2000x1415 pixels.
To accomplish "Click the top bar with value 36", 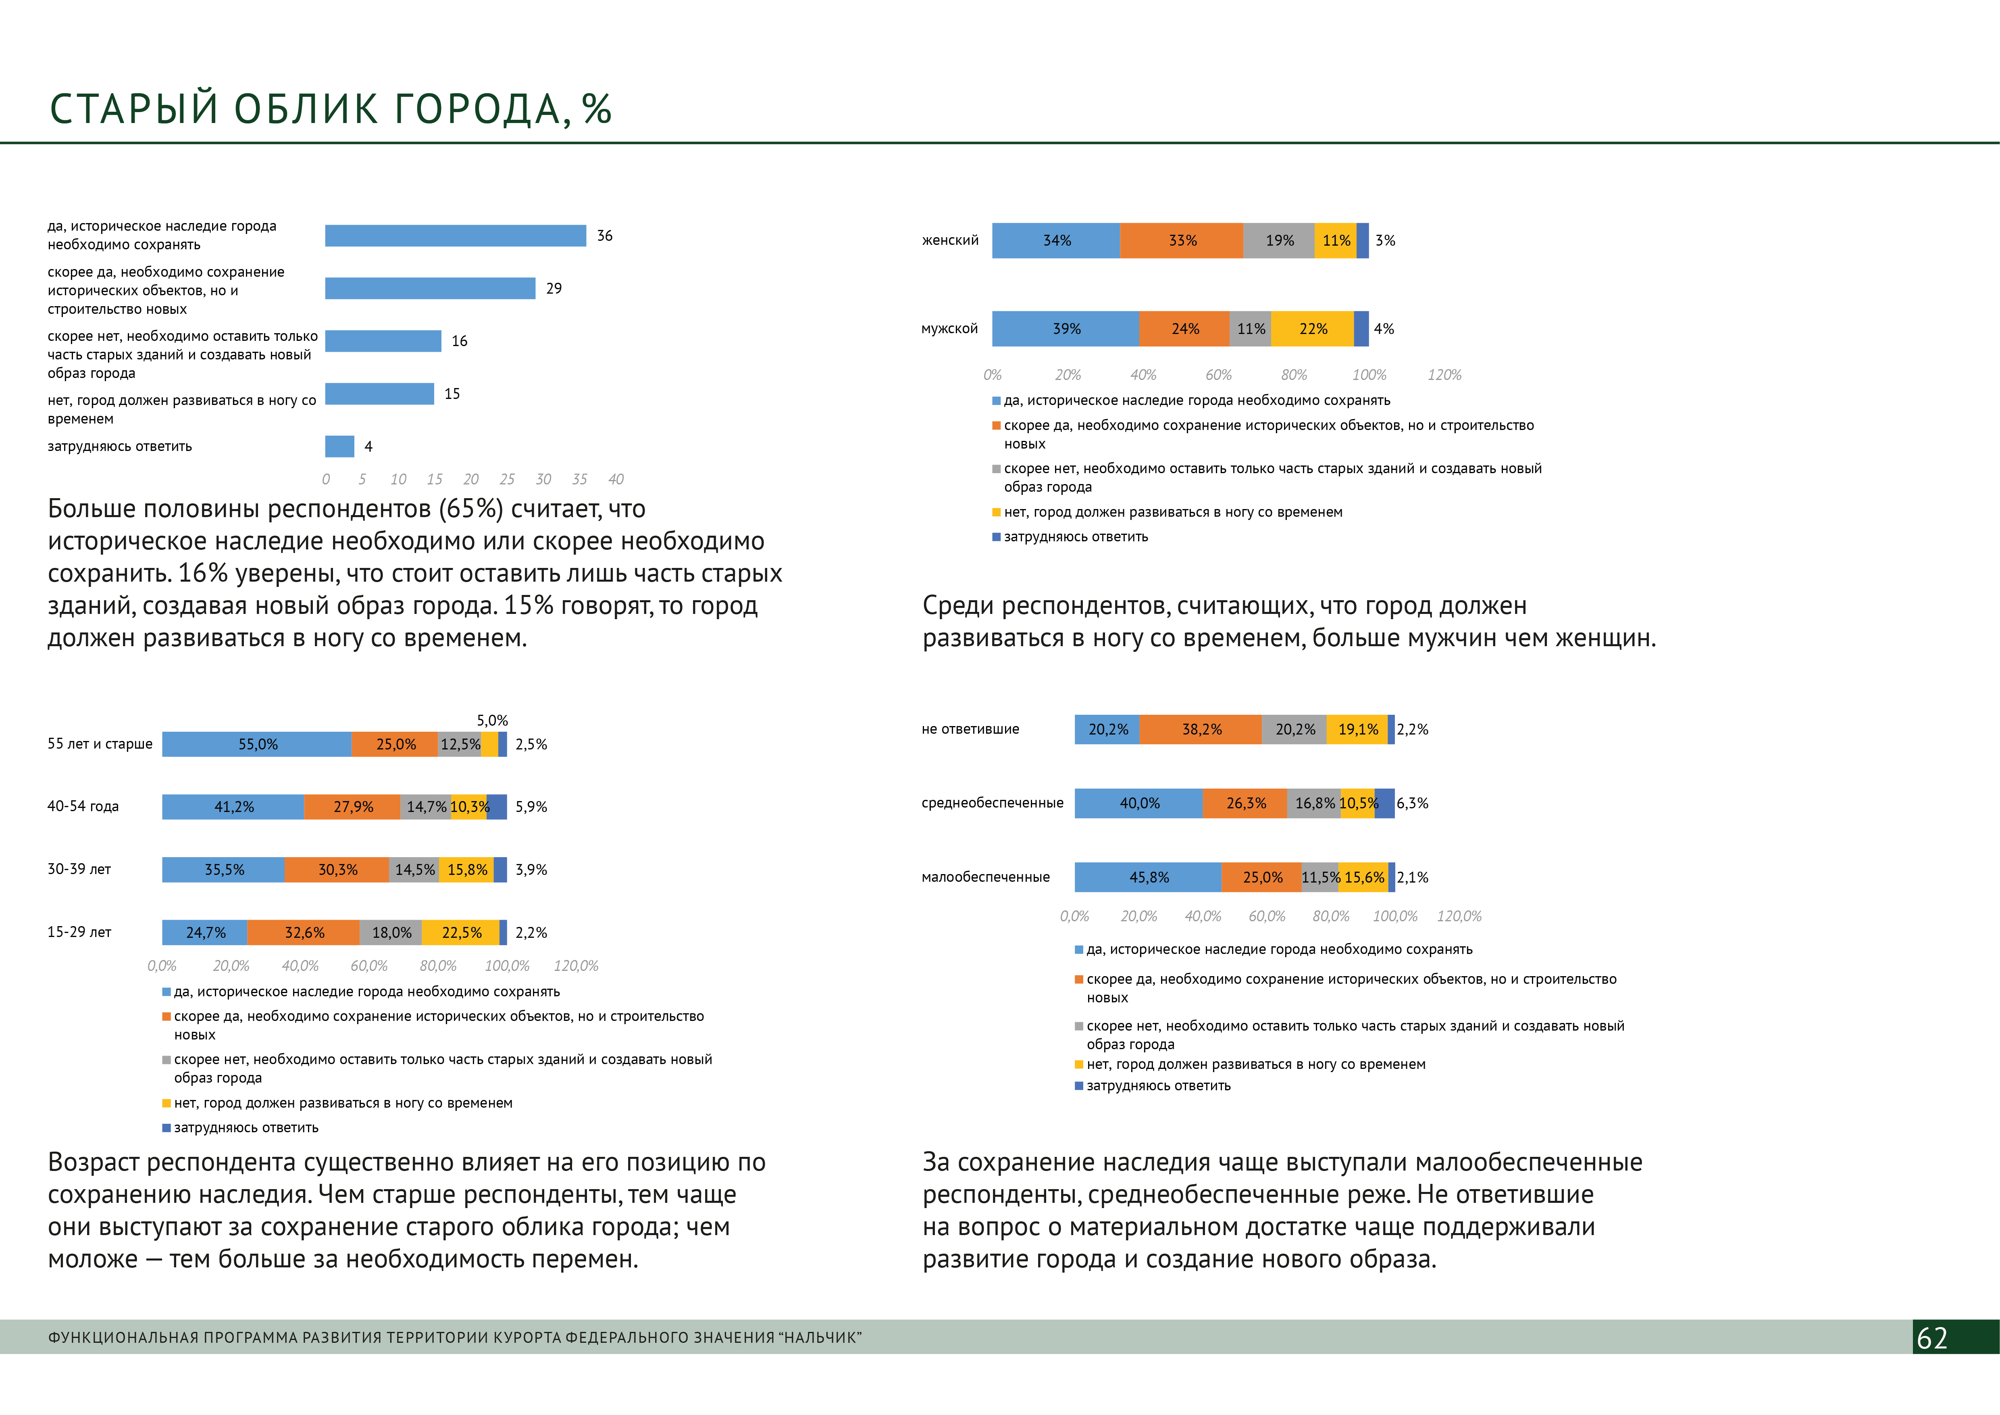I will pos(455,235).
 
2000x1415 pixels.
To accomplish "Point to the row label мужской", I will pos(949,328).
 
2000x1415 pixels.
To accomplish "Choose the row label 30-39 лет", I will pos(79,869).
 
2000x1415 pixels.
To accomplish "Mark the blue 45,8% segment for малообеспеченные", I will pos(1148,877).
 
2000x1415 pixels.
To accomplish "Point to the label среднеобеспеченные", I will pos(992,802).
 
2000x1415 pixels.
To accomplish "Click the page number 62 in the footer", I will pos(1932,1338).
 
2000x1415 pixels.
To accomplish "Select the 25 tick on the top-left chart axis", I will pos(507,479).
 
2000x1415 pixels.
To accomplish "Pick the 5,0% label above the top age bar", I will pos(492,720).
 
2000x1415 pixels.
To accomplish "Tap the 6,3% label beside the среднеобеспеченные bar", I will pos(1412,804).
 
